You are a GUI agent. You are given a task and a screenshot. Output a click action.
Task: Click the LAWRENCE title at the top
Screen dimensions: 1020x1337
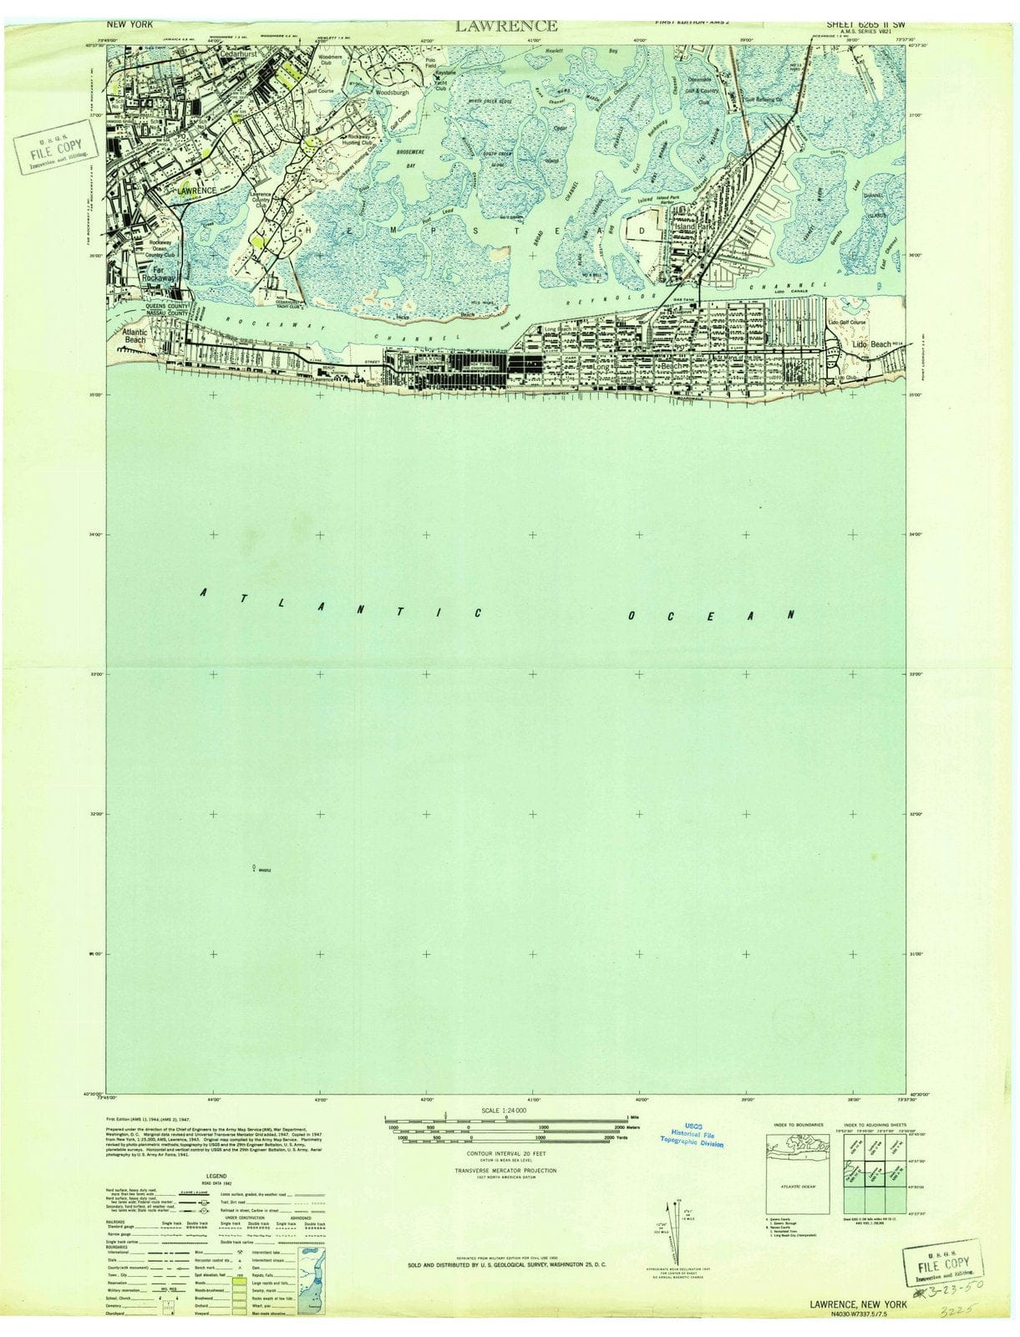click(x=506, y=26)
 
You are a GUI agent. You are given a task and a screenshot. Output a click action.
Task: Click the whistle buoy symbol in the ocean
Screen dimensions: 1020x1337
click(x=253, y=868)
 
